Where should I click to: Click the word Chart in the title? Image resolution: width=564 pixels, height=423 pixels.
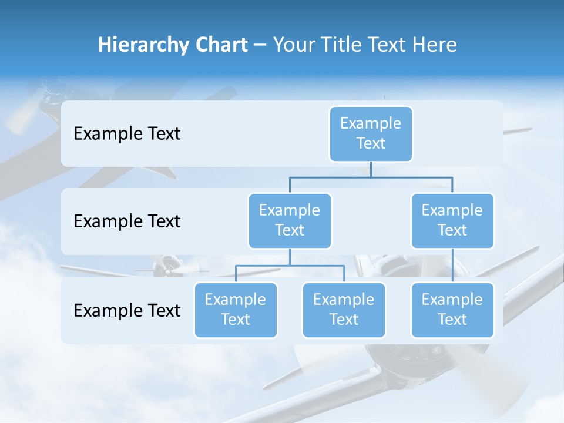[x=222, y=45]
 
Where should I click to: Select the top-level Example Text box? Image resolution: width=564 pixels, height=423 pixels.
[x=371, y=133]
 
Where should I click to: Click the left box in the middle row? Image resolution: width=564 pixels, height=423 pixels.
[x=290, y=220]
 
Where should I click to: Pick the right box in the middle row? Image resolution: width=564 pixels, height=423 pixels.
[x=452, y=220]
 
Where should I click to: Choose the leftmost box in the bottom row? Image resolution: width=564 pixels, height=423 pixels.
[x=236, y=310]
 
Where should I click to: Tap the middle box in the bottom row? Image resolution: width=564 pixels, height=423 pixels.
[x=344, y=310]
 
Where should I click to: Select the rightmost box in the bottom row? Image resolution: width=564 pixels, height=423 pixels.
[x=452, y=310]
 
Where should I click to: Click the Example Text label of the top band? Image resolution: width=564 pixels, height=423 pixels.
[x=127, y=133]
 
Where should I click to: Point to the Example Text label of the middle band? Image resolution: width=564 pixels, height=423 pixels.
[x=127, y=221]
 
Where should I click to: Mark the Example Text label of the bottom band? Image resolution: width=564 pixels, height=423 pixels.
[x=127, y=310]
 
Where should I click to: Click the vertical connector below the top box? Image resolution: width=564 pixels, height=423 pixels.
[x=371, y=169]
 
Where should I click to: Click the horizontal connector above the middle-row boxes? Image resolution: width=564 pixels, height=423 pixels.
[x=371, y=177]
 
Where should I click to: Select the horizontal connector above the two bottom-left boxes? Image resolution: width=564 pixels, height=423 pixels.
[x=290, y=266]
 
